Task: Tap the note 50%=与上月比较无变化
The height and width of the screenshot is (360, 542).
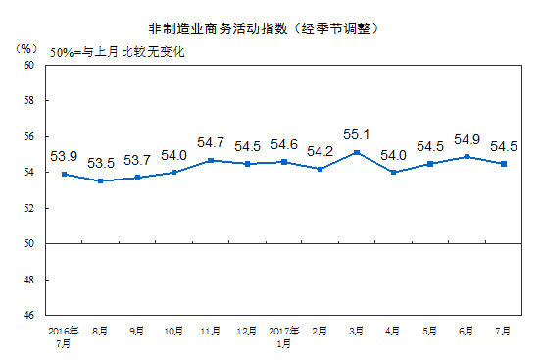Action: (x=117, y=49)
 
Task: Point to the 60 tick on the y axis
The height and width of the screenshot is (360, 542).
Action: (x=28, y=65)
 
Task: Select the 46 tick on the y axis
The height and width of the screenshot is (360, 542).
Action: (x=28, y=316)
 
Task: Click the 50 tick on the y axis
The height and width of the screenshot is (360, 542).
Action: (x=28, y=244)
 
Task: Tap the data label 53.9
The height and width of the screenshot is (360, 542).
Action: (x=64, y=155)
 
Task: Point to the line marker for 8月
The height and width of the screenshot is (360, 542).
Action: (x=99, y=180)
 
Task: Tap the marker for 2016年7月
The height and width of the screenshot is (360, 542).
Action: (x=64, y=174)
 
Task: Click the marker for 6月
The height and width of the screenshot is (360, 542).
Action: (x=468, y=156)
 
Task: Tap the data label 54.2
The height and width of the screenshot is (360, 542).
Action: (x=320, y=151)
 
